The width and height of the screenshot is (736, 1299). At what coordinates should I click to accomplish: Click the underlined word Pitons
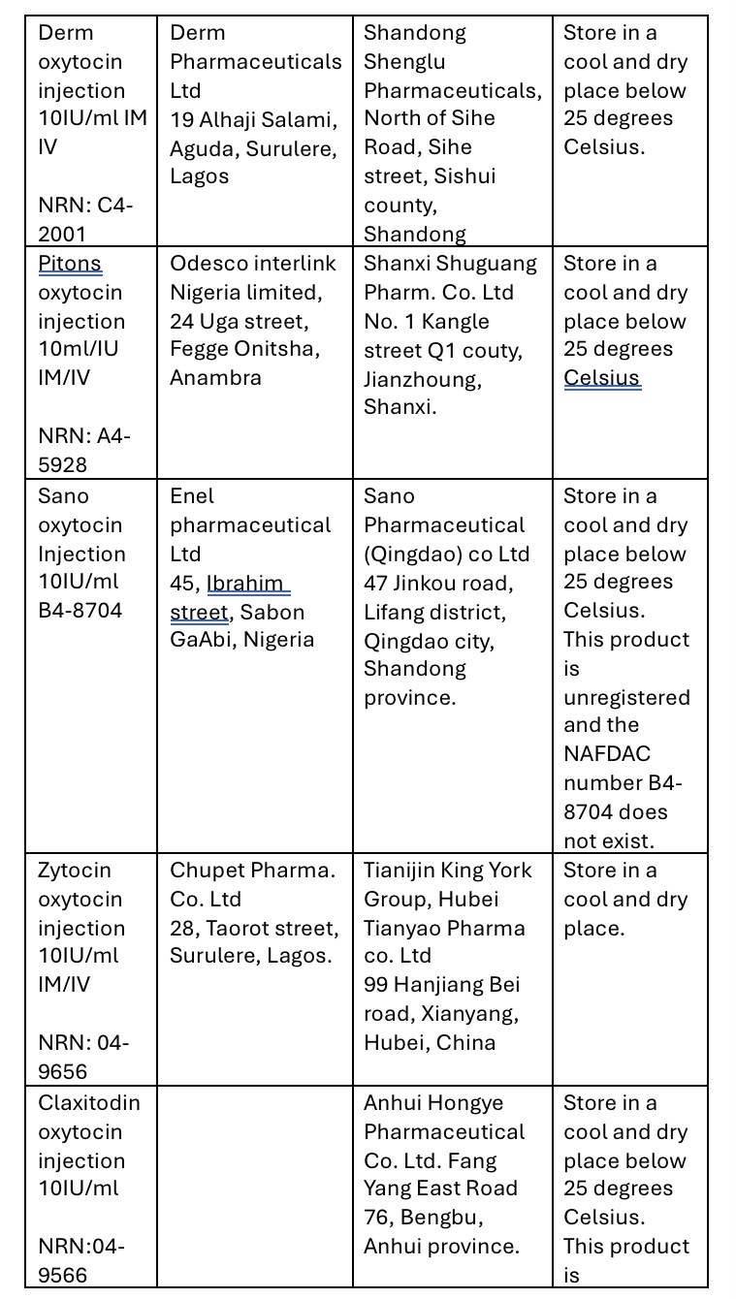point(70,264)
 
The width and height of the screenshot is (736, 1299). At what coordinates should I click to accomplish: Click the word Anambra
point(215,378)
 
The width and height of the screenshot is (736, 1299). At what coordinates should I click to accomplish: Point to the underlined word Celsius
point(602,378)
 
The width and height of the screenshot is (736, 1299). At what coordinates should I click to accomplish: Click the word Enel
point(192,496)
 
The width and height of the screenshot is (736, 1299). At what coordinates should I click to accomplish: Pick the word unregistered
point(626,698)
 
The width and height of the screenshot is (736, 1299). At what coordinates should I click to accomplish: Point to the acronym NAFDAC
point(607,754)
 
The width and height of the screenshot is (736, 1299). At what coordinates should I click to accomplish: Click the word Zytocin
point(75,871)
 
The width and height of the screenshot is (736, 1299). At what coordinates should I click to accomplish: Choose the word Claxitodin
point(89,1103)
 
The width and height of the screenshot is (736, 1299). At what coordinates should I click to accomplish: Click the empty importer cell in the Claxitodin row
point(254,1188)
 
